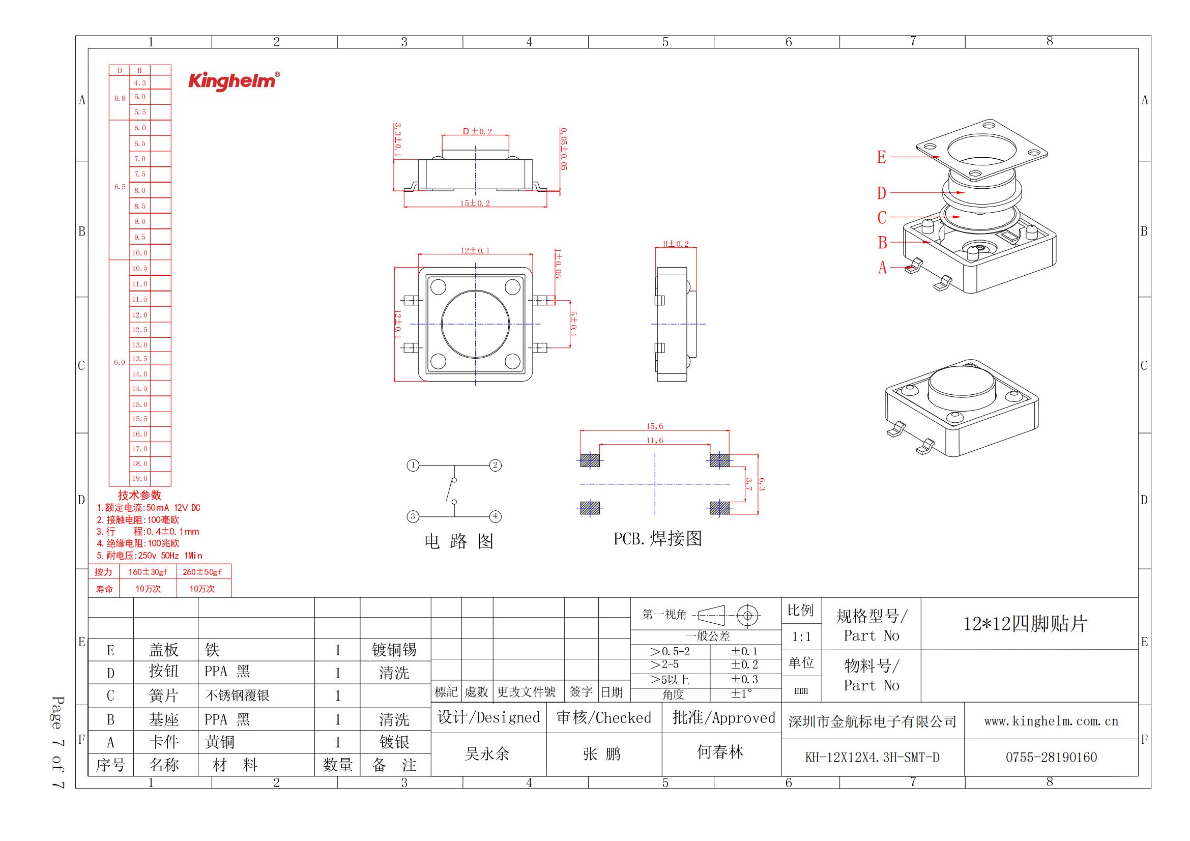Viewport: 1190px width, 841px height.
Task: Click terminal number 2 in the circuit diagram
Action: [x=495, y=466]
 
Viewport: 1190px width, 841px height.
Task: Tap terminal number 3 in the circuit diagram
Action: [x=413, y=516]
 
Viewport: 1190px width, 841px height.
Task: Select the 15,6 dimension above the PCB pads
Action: [x=655, y=426]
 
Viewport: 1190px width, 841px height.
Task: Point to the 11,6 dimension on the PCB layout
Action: [x=655, y=441]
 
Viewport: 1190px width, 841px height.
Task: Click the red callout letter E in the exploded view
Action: [x=882, y=157]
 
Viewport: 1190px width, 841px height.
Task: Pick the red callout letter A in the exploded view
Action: [x=882, y=268]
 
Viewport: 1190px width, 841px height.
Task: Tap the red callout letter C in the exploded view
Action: [x=882, y=218]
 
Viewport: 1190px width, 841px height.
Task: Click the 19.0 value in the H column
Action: [x=140, y=478]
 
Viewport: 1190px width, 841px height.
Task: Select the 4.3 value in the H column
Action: [x=140, y=83]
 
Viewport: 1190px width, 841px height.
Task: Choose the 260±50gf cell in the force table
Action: [x=202, y=572]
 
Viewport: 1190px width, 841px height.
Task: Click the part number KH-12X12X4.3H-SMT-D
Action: [x=873, y=758]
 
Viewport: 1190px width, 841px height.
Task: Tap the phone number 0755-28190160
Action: [x=1051, y=758]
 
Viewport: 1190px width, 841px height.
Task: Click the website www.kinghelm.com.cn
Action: [x=1051, y=721]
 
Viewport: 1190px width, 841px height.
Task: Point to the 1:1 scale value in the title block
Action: [x=801, y=637]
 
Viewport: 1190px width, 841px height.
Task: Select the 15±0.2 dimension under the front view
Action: [x=475, y=203]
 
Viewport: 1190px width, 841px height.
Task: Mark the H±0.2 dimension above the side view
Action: [x=676, y=244]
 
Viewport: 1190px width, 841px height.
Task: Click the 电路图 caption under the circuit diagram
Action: [x=459, y=541]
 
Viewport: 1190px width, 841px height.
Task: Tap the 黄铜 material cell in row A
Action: [x=220, y=742]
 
